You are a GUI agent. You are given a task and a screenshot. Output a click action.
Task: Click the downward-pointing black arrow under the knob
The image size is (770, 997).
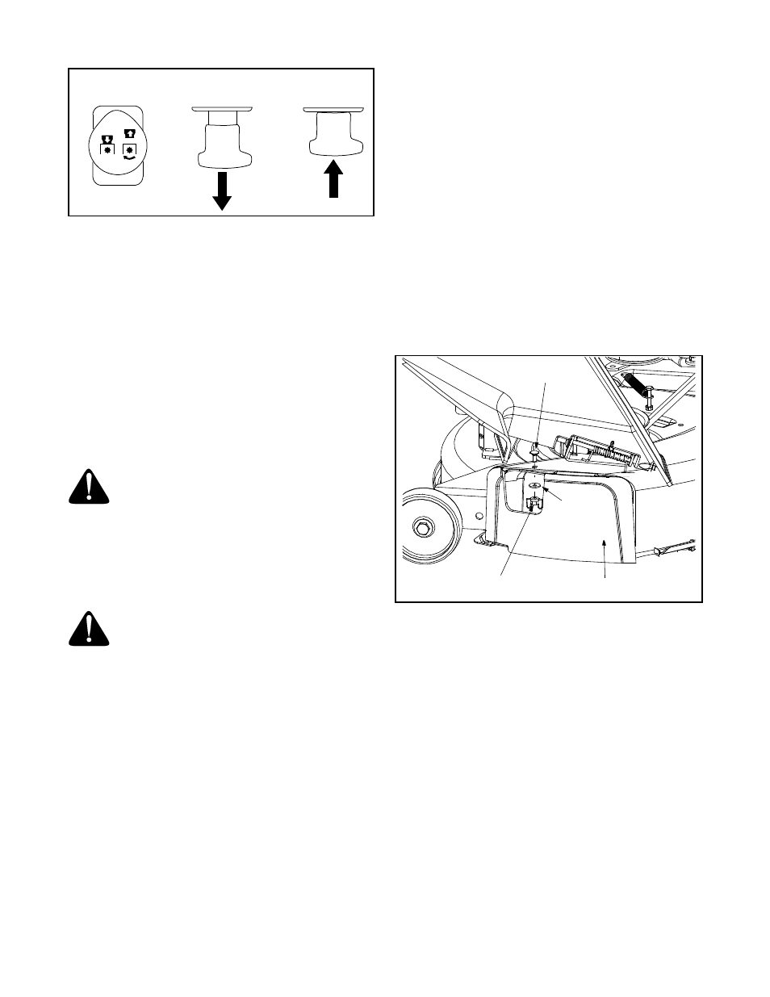(222, 191)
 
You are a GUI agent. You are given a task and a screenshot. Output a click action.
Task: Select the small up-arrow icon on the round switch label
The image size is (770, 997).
(128, 135)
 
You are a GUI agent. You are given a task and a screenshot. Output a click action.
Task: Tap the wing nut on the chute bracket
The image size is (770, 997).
(532, 504)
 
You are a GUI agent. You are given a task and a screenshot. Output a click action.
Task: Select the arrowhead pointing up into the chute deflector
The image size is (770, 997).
(605, 545)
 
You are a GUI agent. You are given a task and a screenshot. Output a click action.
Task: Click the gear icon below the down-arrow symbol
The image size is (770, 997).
(106, 150)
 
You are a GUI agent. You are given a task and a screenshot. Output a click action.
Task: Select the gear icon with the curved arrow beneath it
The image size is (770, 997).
(128, 150)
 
